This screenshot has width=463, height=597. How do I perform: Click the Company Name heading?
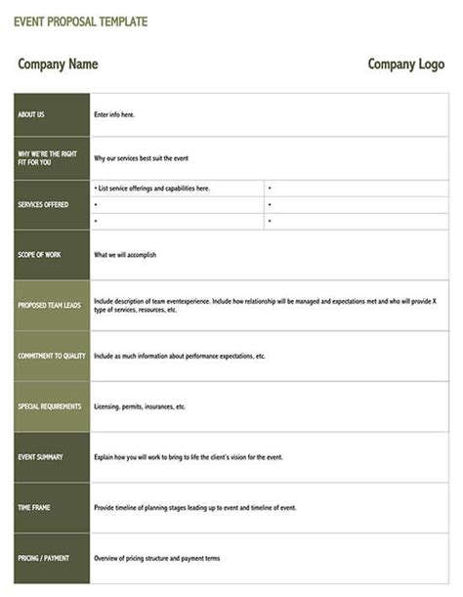coord(58,64)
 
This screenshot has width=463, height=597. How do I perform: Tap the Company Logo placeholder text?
coord(406,64)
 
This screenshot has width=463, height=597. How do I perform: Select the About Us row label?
coord(31,115)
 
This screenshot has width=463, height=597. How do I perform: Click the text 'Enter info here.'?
coord(114,115)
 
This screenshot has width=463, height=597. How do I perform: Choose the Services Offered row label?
coord(43,205)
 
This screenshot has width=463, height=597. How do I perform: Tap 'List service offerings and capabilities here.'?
coord(153,188)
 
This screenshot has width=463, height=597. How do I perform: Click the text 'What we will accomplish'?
coord(125,255)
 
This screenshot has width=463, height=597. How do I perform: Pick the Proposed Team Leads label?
coord(48,306)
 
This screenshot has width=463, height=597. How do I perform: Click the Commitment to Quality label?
coord(51,357)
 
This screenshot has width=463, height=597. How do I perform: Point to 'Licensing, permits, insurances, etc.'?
coord(140,406)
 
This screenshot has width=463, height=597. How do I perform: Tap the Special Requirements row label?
coord(50,406)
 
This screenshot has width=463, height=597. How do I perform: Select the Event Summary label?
coord(40,457)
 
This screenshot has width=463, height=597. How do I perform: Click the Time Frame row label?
coord(34,508)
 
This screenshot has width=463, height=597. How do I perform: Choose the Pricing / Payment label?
coord(43,559)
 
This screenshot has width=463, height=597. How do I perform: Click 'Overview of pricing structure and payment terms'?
coord(157,559)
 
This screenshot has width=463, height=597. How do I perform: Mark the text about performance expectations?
coord(180,357)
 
